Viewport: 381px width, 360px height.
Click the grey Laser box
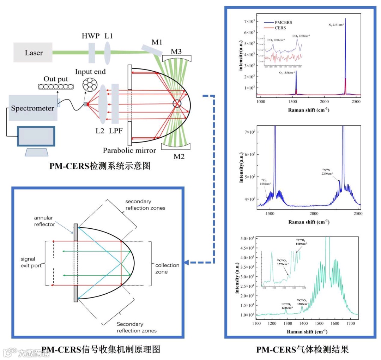(x=34, y=53)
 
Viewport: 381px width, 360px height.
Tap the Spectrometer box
(x=33, y=108)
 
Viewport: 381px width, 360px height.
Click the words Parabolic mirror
(x=129, y=150)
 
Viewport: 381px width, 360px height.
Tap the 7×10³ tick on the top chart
(x=248, y=22)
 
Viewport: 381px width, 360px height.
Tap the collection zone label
(x=167, y=269)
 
